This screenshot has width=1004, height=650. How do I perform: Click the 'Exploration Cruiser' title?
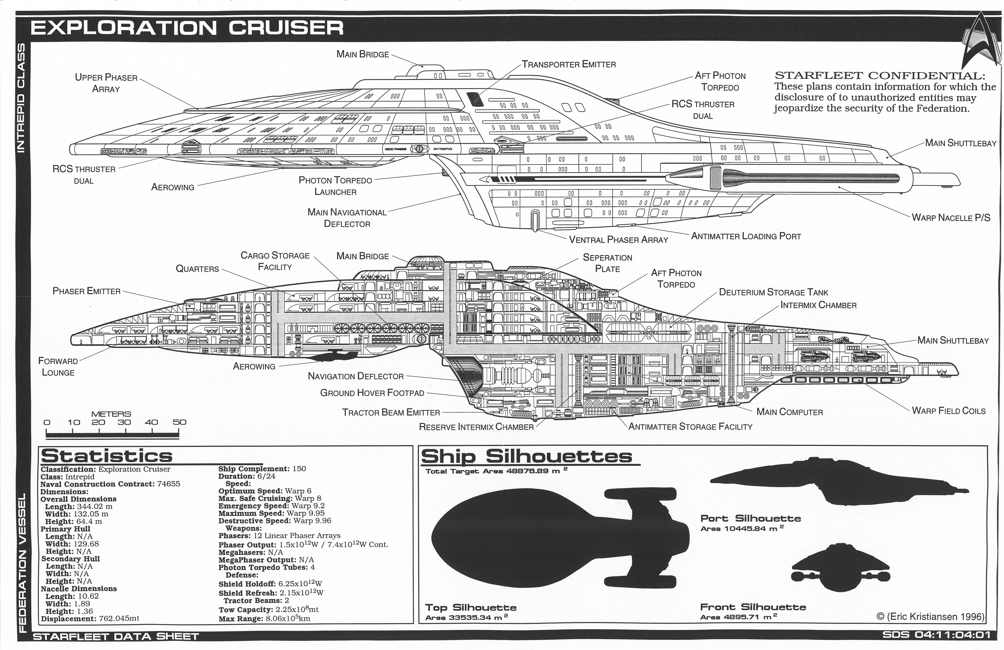pos(187,28)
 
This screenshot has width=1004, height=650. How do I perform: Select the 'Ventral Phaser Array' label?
pos(618,240)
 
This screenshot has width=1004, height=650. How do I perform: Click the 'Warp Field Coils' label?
pos(948,411)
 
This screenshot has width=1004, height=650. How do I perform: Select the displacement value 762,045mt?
pos(119,619)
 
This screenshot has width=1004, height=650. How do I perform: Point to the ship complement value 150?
pos(299,469)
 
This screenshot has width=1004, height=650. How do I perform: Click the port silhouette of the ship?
pos(839,481)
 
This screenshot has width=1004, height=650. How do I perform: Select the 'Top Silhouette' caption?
pos(471,608)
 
